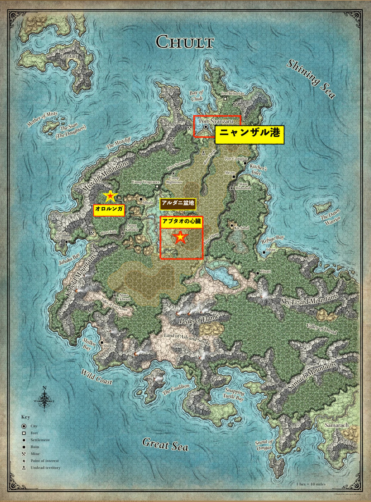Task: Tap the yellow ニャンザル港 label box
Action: [249, 134]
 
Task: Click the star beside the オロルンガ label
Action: [110, 195]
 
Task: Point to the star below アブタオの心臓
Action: [180, 238]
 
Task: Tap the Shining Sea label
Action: [311, 79]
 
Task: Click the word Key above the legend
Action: [26, 417]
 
